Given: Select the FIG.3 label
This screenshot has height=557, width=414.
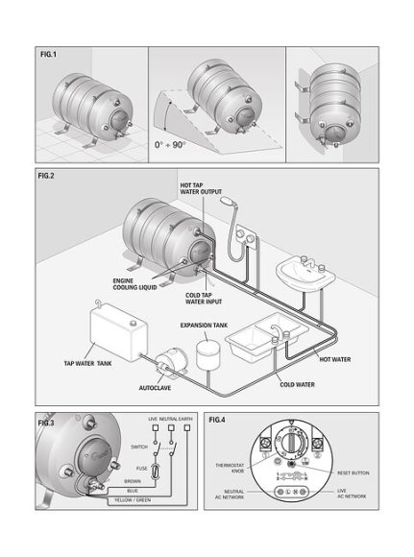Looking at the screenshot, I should [47, 421].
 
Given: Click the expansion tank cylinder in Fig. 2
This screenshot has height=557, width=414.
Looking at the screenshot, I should [208, 354].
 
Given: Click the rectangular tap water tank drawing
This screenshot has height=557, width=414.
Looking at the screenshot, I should [114, 333].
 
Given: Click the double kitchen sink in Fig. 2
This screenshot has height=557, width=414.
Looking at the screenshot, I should [260, 336].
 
